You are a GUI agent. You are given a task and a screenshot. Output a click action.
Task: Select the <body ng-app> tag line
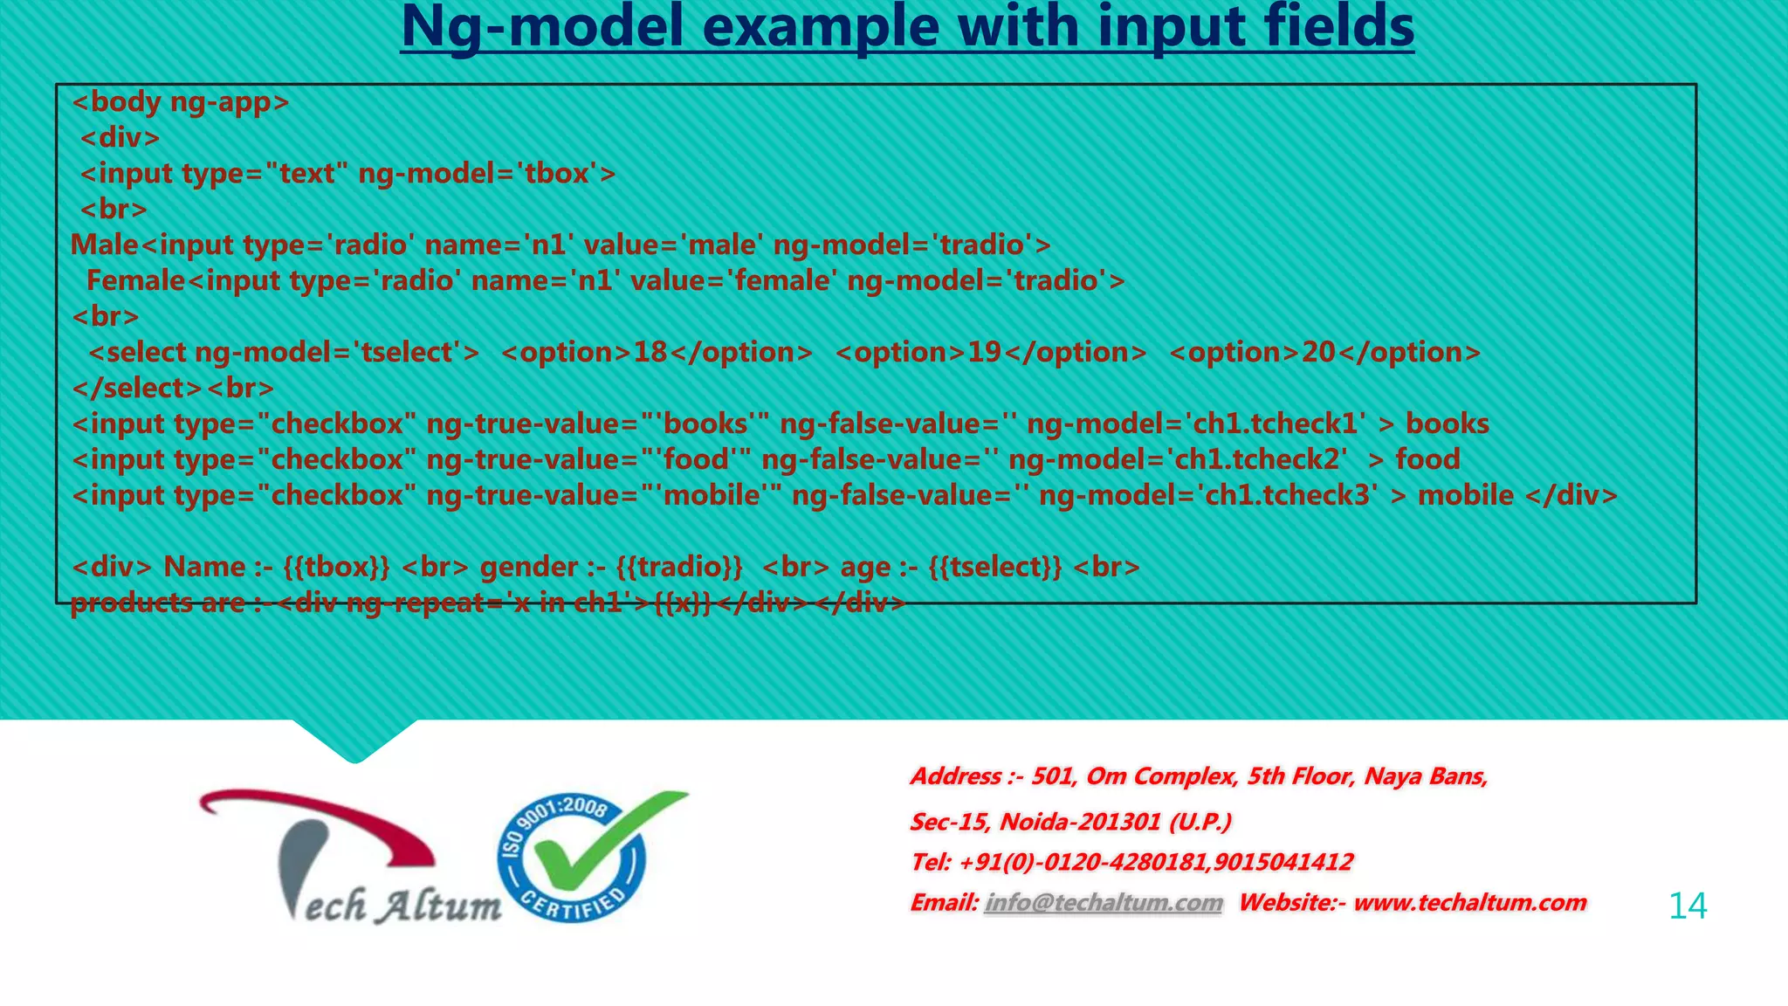(x=180, y=102)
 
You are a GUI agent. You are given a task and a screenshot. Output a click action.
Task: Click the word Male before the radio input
(x=104, y=245)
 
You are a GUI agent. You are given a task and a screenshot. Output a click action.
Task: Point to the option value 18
(x=650, y=353)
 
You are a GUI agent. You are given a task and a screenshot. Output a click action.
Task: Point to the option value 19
(x=984, y=353)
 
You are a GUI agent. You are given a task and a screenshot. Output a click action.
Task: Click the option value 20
(x=1318, y=353)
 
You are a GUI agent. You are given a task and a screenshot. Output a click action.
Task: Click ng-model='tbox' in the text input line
(x=486, y=174)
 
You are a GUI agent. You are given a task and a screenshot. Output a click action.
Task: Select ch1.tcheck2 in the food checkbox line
(x=1262, y=460)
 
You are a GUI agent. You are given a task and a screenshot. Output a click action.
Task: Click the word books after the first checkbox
(x=1447, y=424)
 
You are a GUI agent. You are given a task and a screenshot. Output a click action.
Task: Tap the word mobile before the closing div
(x=1465, y=496)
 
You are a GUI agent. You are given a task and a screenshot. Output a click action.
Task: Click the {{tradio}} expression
(x=679, y=568)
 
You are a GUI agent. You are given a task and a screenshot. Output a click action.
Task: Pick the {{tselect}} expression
(x=995, y=568)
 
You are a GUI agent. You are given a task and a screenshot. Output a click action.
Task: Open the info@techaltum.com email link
(x=1104, y=903)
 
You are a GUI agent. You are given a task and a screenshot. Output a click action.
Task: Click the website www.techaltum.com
(x=1469, y=903)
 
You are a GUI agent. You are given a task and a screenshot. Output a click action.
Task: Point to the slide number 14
(x=1687, y=906)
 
